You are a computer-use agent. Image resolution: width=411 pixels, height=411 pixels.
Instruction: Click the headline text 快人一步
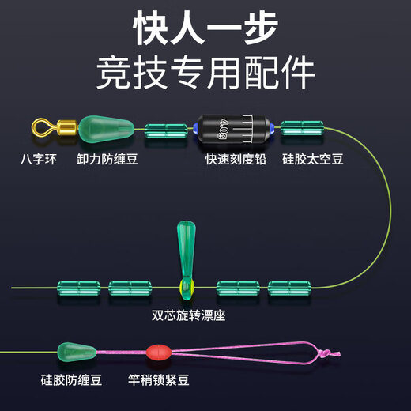point(205,29)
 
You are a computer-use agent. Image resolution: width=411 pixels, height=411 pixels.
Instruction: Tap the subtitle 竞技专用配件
point(205,73)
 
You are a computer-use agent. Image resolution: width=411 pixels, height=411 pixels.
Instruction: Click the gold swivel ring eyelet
point(40,126)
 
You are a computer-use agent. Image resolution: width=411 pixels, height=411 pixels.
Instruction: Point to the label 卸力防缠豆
point(107,158)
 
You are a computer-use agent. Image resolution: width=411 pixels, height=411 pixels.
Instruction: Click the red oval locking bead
point(156,350)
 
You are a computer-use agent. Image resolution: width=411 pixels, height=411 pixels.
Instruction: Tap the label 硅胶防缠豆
point(69,380)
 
